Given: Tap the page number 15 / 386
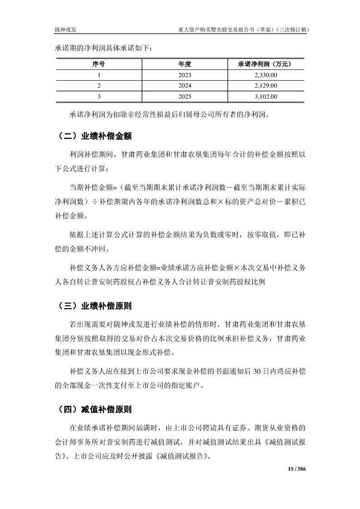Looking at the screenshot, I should [x=297, y=469].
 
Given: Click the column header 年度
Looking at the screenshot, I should [x=185, y=64].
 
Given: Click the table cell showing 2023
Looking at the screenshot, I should [x=185, y=75].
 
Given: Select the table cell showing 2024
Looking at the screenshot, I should [x=185, y=86].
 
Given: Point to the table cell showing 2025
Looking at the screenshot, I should [x=185, y=96].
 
